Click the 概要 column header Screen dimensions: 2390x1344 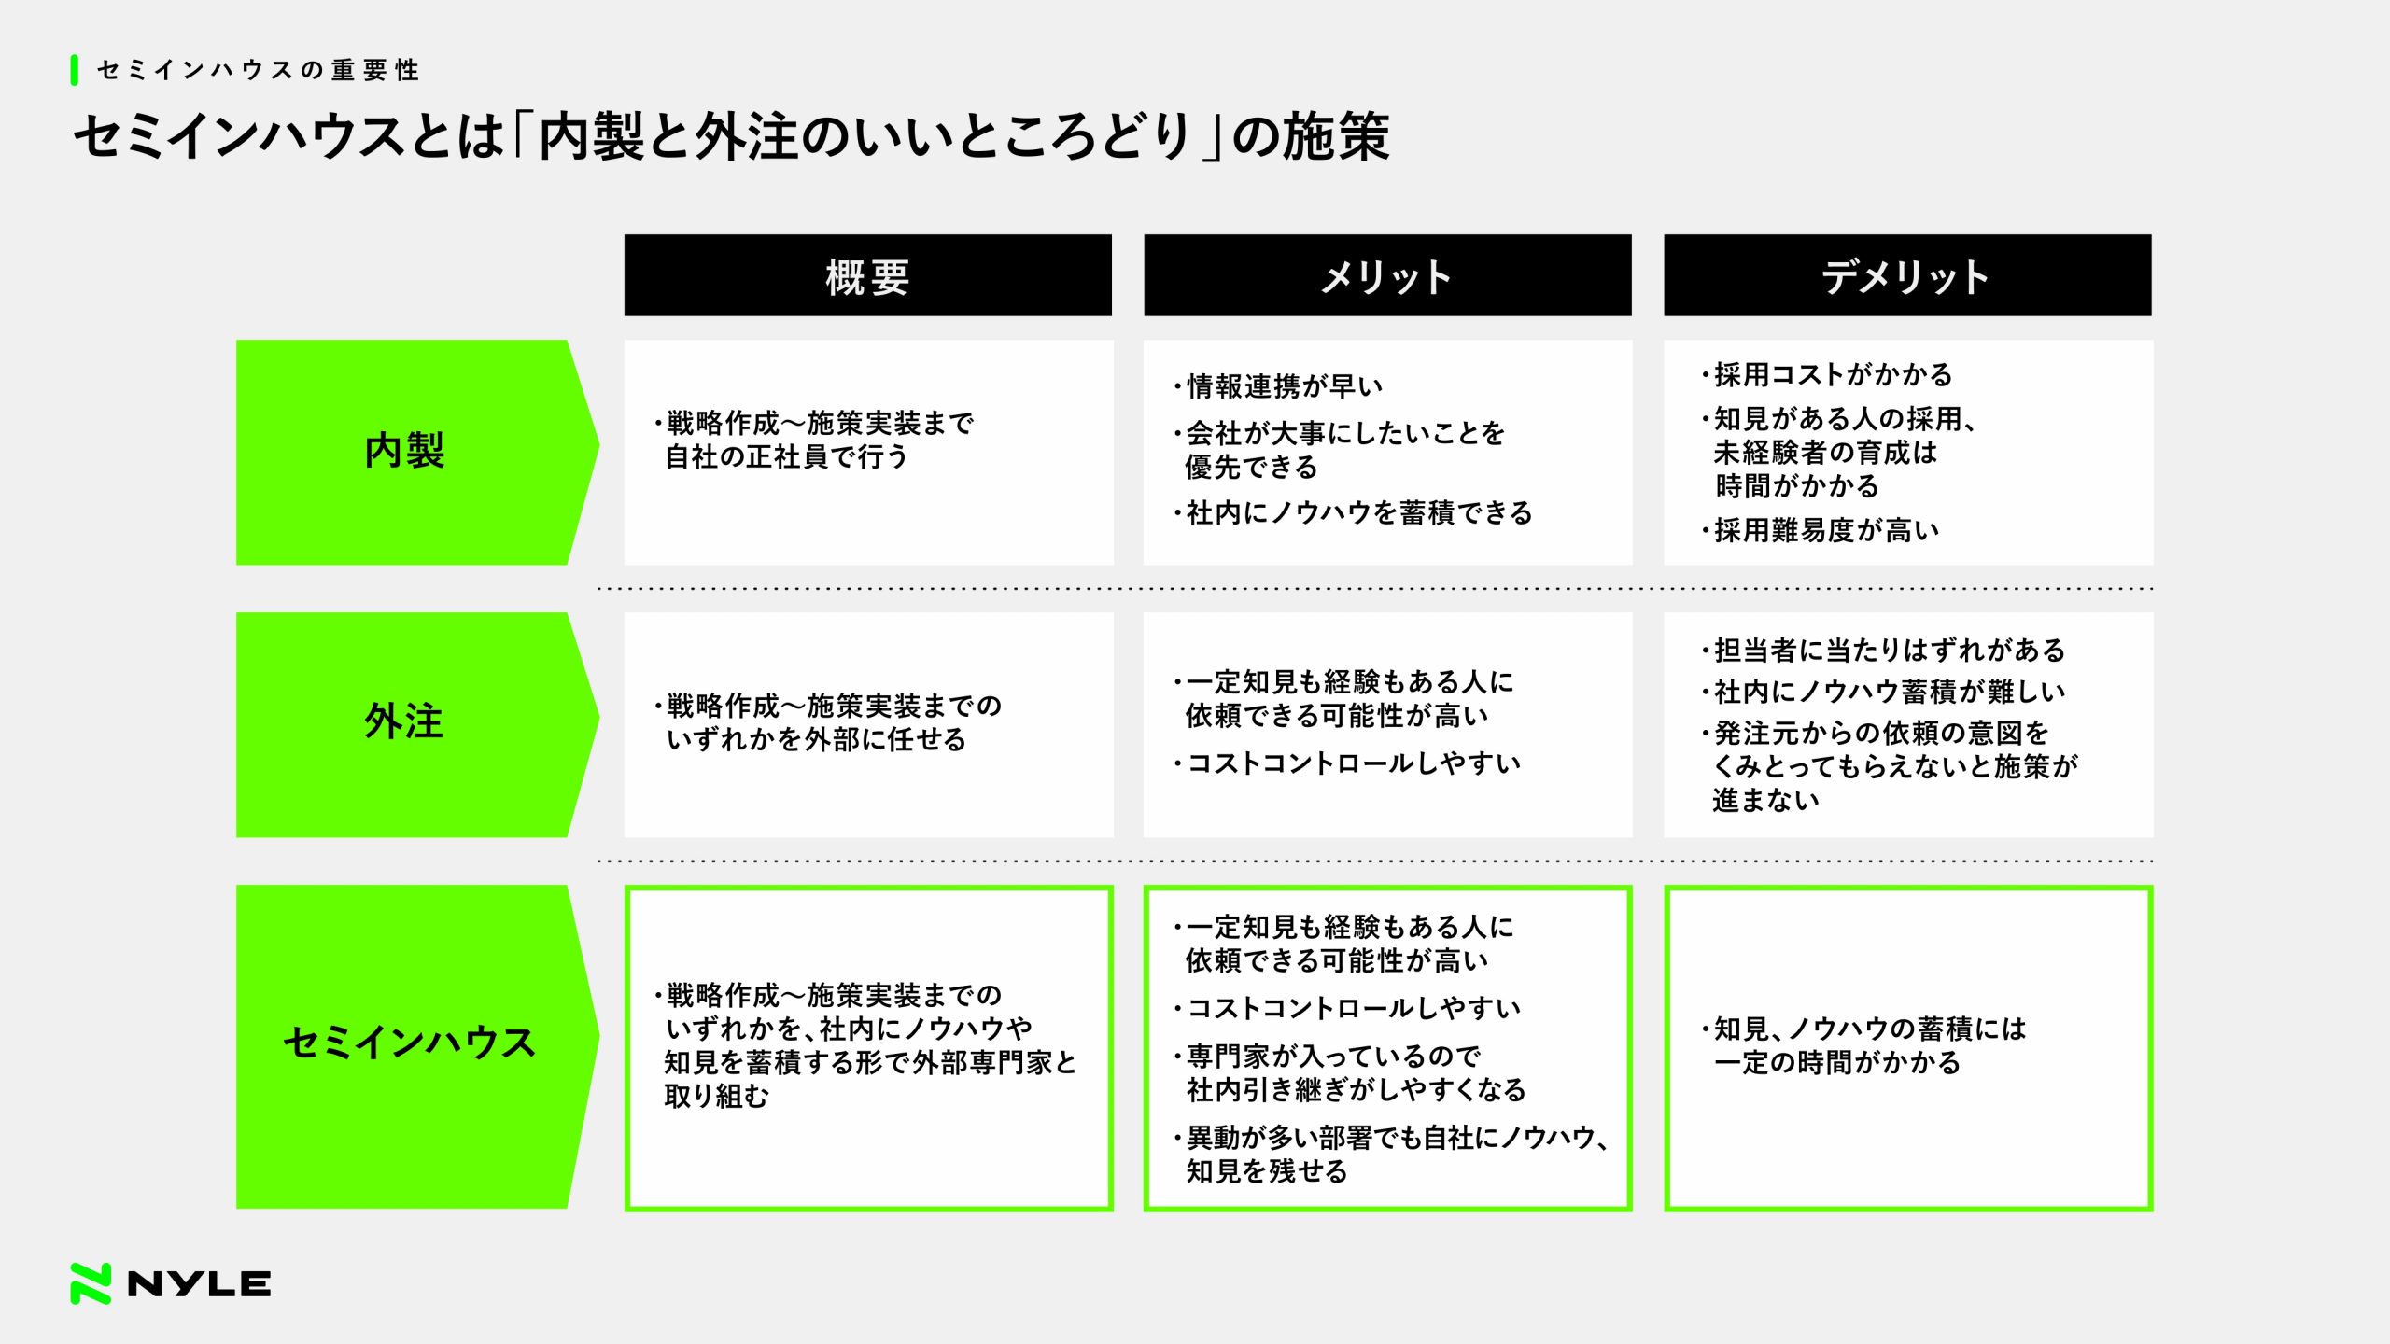pos(867,275)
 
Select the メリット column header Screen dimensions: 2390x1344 pos(1387,275)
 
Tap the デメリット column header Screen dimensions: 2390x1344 pos(1907,275)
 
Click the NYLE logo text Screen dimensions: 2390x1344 pos(199,1284)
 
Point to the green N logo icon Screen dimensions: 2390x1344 pos(91,1283)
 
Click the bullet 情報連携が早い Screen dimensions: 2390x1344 pos(1278,385)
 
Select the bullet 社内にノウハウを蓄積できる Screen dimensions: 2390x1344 pos(1353,512)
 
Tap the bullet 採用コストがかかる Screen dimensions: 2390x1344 pos(1827,374)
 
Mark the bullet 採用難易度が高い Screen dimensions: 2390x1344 pos(1821,530)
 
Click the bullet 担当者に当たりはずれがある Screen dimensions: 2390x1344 pos(1883,650)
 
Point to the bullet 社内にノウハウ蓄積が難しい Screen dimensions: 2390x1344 pos(1883,692)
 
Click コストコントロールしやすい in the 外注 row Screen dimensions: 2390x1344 pos(1347,763)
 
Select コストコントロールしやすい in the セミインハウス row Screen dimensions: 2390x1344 pos(1347,1008)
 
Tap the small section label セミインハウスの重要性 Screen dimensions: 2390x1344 pos(259,70)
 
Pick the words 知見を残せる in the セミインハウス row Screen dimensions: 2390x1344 pos(1267,1171)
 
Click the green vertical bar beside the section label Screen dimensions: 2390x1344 pos(74,70)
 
